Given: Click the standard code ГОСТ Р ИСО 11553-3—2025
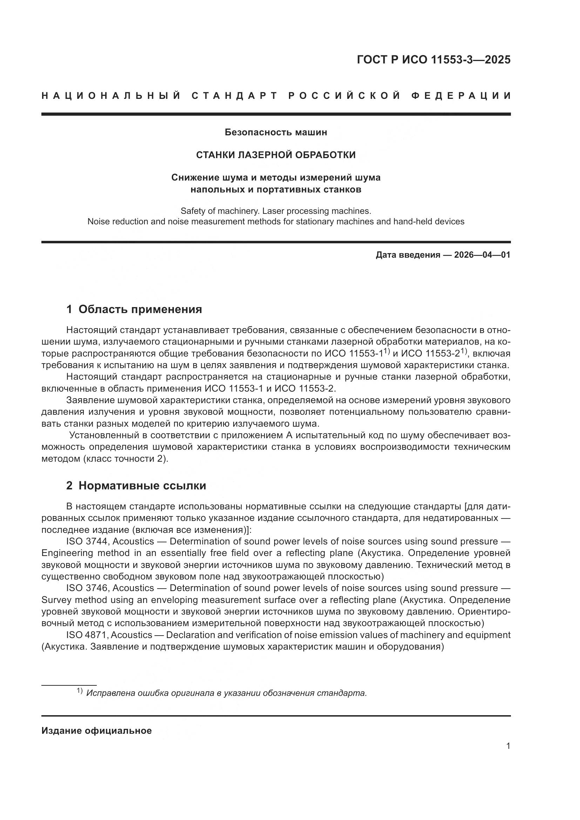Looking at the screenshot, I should tap(433, 60).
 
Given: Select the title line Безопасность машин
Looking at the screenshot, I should tap(276, 133).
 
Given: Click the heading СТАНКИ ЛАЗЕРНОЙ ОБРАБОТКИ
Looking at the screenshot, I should tap(276, 155).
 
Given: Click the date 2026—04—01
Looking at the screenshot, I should tap(482, 255).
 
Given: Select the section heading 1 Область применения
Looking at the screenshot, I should tap(134, 309).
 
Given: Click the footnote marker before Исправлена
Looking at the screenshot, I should tap(80, 691).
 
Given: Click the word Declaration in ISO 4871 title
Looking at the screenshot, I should tap(187, 635).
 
